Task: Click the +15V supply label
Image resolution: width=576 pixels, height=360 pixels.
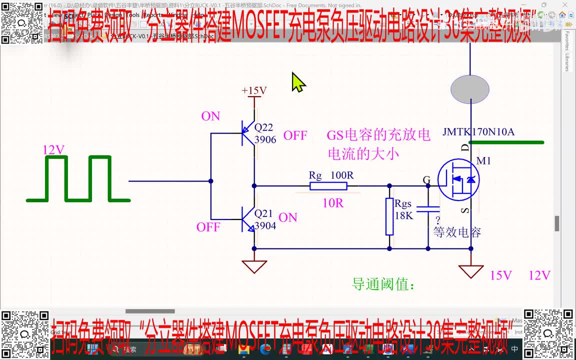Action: click(254, 90)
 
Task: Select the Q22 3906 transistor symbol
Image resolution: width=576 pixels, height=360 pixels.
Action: click(247, 133)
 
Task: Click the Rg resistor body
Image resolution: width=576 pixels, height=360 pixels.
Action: click(328, 186)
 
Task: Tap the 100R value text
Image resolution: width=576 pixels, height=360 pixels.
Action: click(342, 175)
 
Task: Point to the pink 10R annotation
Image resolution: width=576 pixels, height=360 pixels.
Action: click(332, 203)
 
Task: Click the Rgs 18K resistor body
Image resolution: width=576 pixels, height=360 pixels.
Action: click(389, 216)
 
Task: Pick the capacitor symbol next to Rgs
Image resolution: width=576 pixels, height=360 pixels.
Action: click(428, 208)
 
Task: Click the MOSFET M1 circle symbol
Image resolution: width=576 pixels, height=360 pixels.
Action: click(458, 179)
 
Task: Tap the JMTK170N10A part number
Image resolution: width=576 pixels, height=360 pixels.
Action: click(478, 132)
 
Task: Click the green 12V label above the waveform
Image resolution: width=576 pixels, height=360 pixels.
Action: click(53, 150)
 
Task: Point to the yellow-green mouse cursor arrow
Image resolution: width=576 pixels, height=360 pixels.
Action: click(298, 82)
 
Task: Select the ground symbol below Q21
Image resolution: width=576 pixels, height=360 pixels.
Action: click(254, 266)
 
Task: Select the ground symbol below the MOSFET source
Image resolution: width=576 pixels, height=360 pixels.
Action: click(470, 271)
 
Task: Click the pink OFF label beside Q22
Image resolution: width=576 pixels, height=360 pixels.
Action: click(295, 135)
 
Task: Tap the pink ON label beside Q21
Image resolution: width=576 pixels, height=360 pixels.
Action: click(288, 217)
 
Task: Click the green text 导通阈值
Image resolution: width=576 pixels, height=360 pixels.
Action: click(383, 284)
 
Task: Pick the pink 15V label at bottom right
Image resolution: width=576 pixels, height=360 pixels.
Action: click(501, 275)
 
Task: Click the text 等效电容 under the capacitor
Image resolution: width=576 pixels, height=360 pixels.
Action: click(457, 232)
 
